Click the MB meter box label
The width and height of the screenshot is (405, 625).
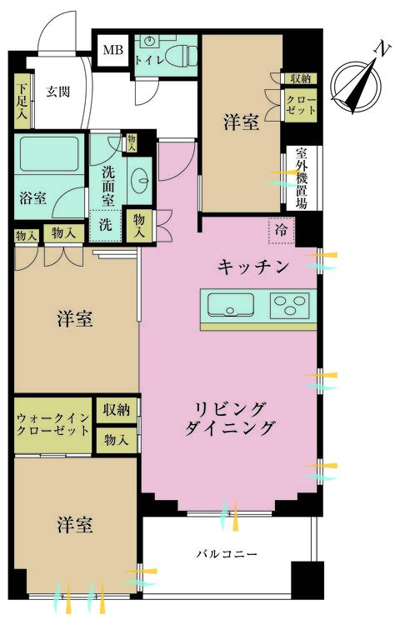click(113, 50)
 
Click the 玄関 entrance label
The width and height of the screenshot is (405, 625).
click(58, 92)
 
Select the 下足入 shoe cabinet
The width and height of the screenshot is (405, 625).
click(22, 101)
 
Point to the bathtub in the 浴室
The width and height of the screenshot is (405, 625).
click(49, 154)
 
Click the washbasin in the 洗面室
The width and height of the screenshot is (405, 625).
click(140, 180)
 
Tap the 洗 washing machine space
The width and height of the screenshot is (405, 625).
click(105, 225)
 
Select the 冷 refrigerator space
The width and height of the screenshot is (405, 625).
click(282, 230)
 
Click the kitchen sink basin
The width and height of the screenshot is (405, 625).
click(231, 305)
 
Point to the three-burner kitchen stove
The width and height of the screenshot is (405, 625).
click(290, 306)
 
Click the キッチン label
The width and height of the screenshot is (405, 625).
click(253, 267)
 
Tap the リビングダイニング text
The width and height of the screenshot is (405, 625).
click(230, 418)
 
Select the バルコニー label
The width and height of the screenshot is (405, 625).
click(227, 554)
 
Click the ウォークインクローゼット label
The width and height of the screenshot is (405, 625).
click(52, 424)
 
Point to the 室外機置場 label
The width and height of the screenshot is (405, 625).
click(302, 178)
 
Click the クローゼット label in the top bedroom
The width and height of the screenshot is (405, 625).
click(301, 105)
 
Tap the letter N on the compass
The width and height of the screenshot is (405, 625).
click(382, 49)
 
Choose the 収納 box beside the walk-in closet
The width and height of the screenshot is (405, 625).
click(117, 409)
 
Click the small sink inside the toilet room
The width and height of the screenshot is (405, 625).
click(150, 40)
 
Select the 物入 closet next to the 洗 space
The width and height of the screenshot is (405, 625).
click(139, 226)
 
